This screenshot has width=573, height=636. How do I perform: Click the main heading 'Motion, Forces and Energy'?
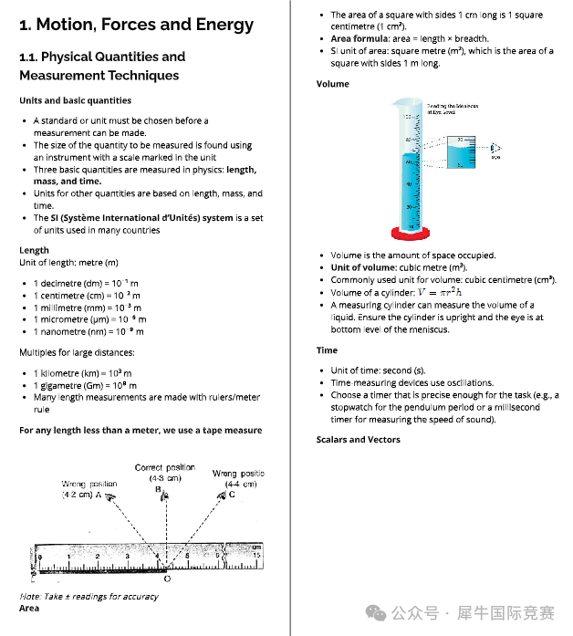click(x=136, y=25)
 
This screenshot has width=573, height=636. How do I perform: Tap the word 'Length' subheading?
click(x=34, y=250)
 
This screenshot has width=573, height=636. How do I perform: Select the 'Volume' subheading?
click(x=332, y=84)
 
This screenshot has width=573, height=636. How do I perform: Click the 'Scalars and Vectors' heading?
click(x=358, y=440)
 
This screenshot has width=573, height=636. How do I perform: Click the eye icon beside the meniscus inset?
click(x=495, y=147)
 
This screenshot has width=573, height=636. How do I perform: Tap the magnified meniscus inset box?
click(x=463, y=152)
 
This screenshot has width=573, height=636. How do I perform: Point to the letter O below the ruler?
click(x=166, y=579)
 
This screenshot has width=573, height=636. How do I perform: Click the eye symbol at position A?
click(x=109, y=498)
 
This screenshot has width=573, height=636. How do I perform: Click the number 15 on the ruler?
click(x=257, y=554)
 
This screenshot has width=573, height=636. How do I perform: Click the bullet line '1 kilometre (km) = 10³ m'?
click(x=82, y=373)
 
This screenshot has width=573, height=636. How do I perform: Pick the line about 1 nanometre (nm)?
click(x=89, y=331)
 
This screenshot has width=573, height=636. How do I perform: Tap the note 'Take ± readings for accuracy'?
click(x=89, y=596)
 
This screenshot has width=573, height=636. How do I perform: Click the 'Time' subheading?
click(x=327, y=350)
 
